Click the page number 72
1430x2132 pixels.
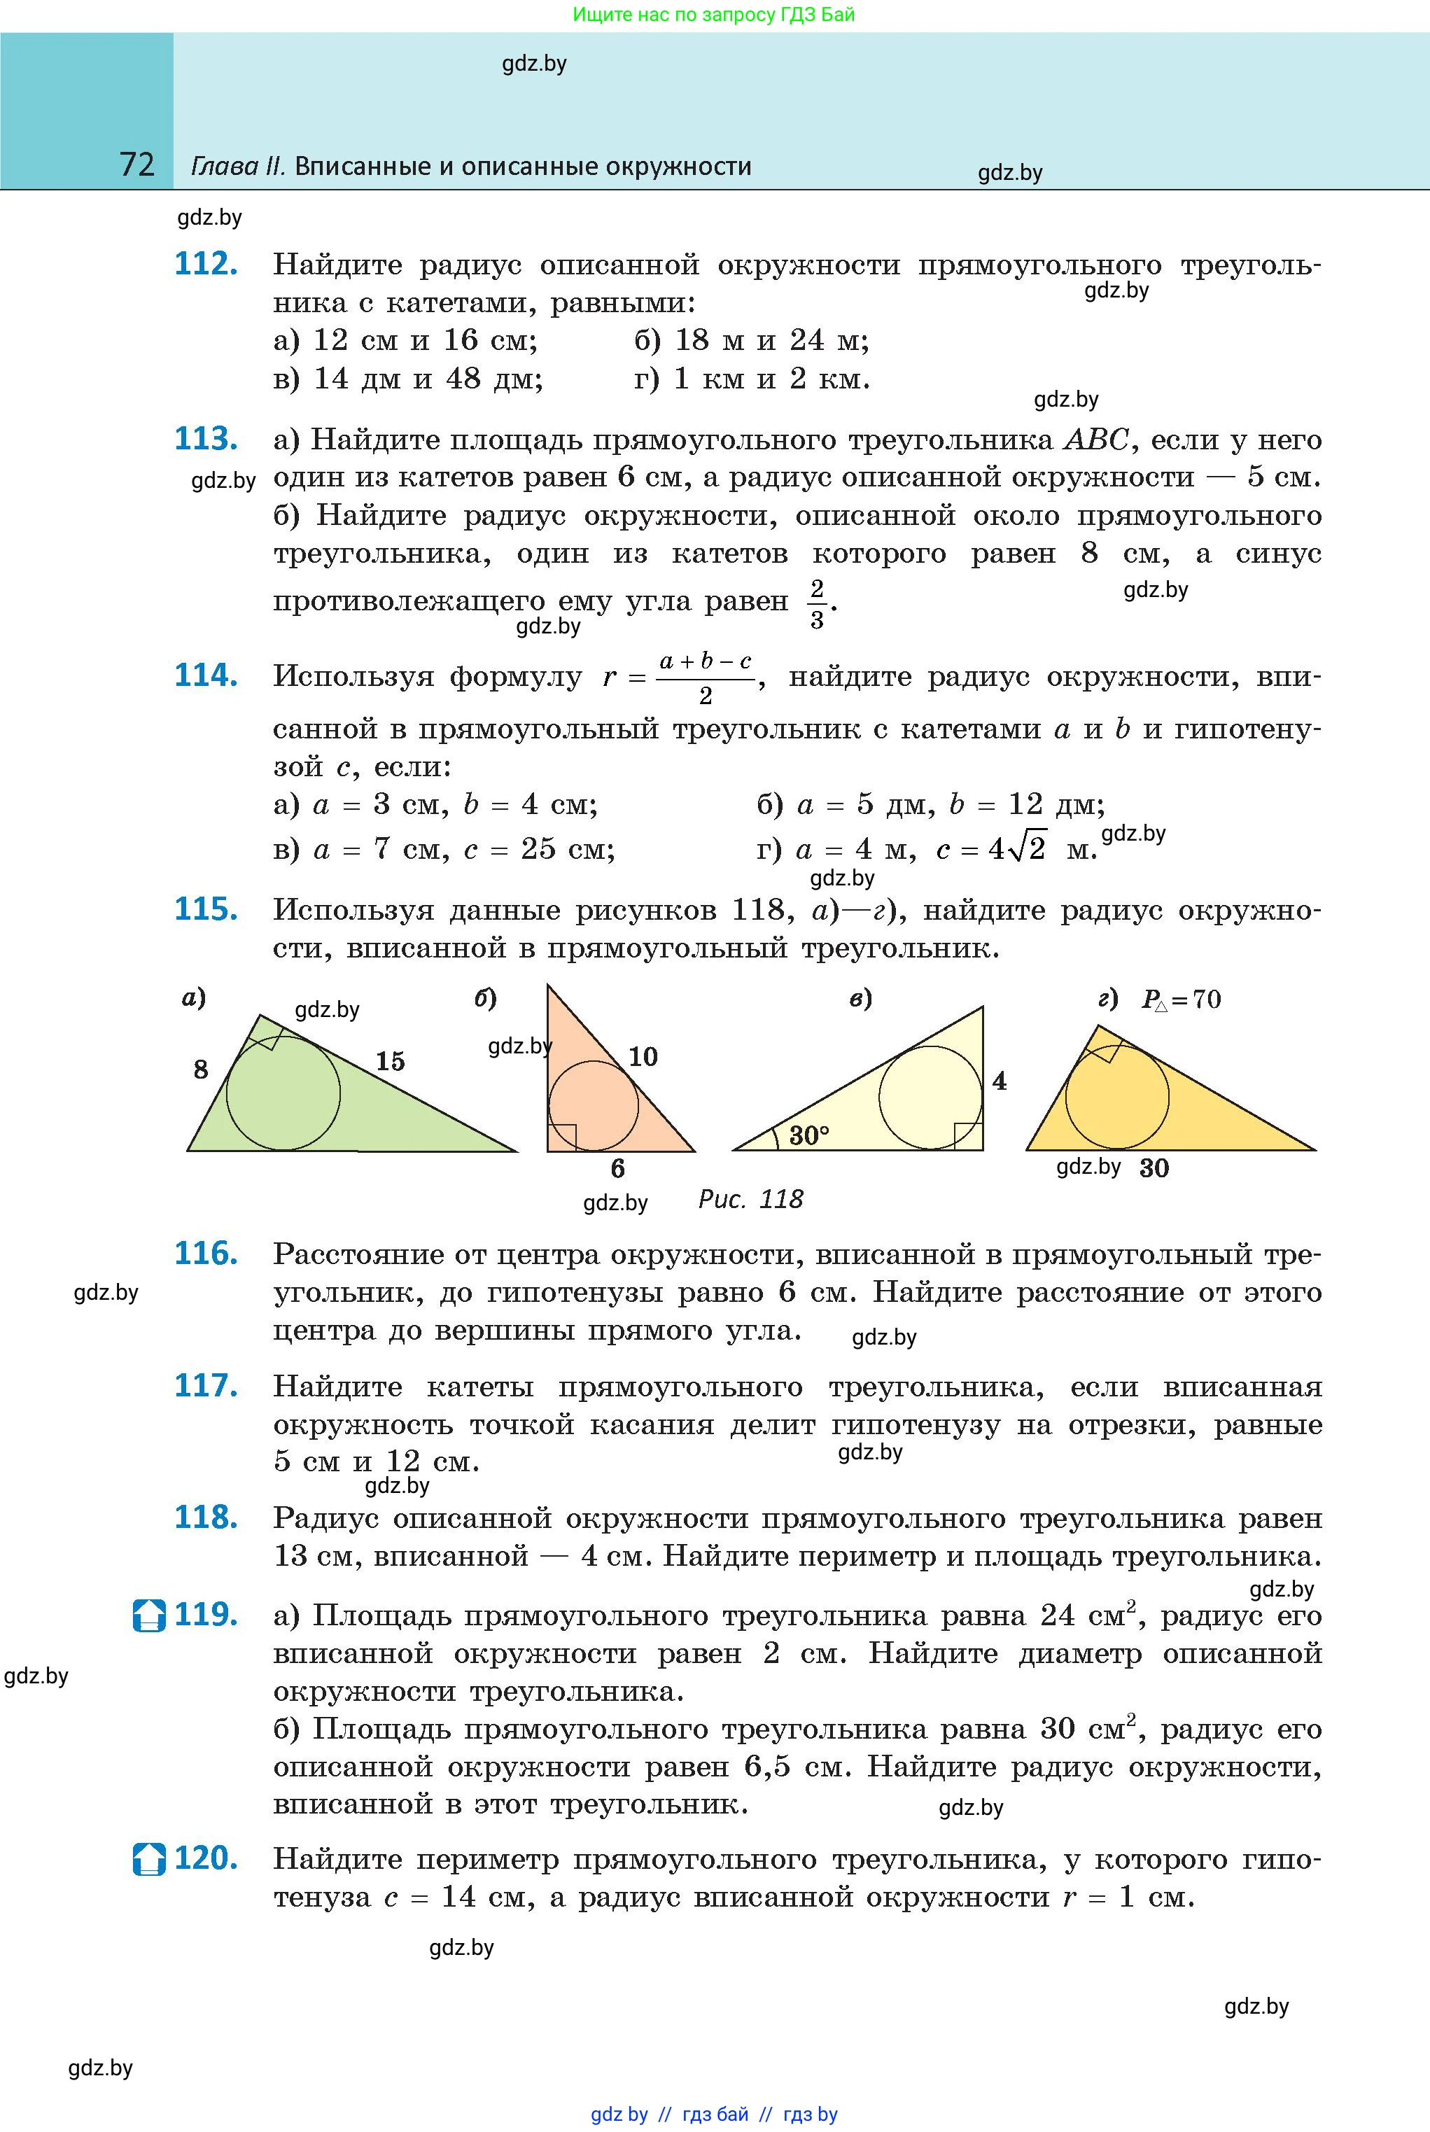pos(136,165)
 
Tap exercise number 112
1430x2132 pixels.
pos(206,265)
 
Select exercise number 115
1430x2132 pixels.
pos(206,909)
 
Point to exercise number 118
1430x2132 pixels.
pos(206,1517)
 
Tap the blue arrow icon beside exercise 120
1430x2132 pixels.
pos(148,1858)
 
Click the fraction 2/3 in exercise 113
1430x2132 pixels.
pos(816,603)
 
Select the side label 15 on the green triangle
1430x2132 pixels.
pos(391,1060)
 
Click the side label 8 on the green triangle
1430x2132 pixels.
pos(201,1069)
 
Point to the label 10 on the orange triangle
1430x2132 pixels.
pos(643,1056)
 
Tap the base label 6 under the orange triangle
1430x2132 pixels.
pos(617,1169)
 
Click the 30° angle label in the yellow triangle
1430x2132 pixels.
pos(809,1135)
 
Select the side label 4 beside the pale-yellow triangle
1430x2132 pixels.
pos(1000,1081)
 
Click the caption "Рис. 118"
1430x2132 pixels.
pos(750,1199)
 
